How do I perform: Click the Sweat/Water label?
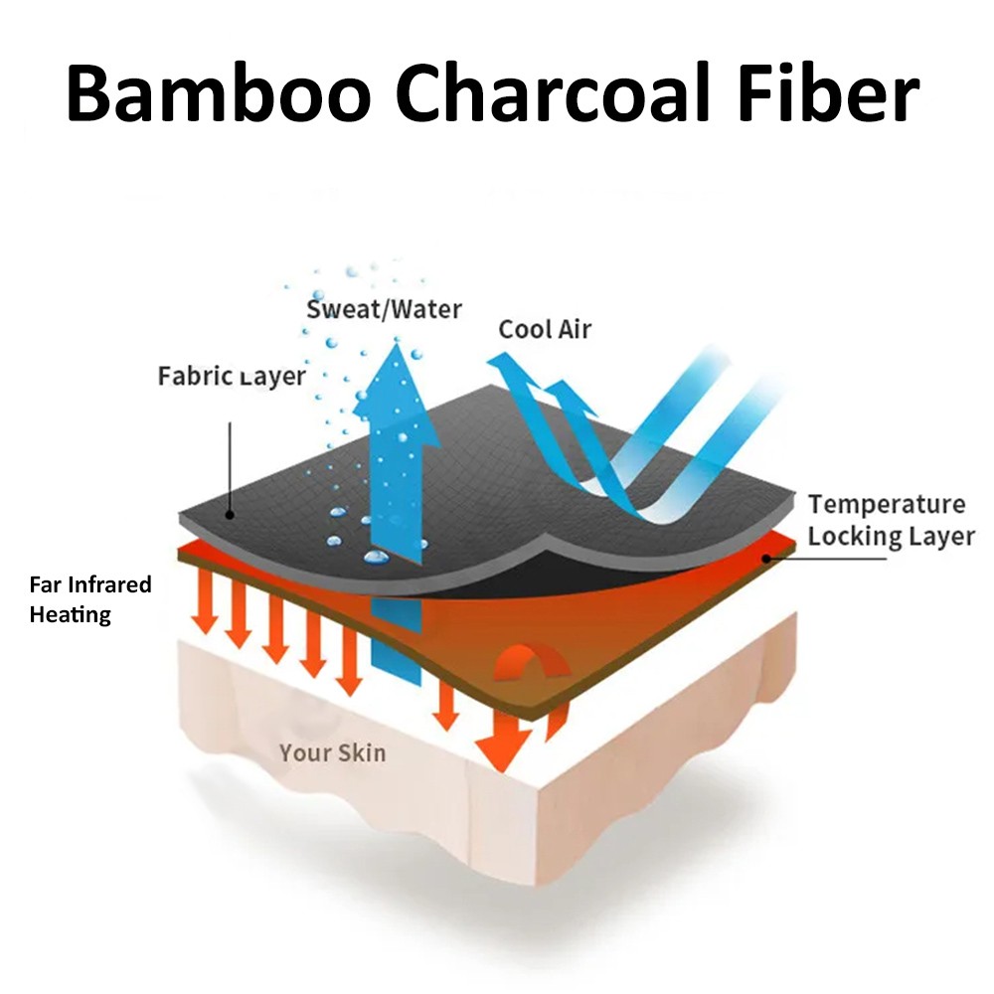(x=384, y=308)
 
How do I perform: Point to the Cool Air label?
(x=545, y=328)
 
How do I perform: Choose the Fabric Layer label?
(x=232, y=377)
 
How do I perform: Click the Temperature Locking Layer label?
(x=891, y=520)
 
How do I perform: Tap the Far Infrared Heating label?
(x=89, y=598)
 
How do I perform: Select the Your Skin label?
(x=332, y=751)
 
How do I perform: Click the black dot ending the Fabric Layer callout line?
(x=230, y=515)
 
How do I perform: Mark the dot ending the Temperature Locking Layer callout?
(x=766, y=559)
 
